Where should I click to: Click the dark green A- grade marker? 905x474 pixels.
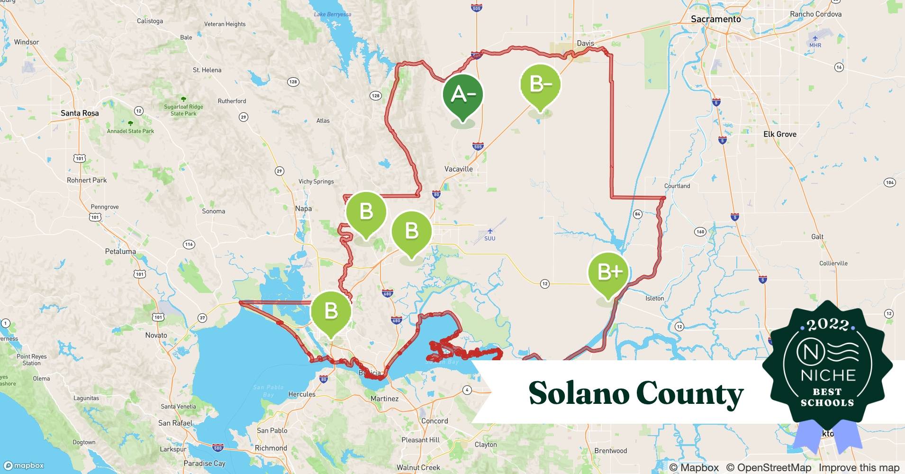tap(463, 95)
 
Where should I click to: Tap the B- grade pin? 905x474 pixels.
tap(540, 85)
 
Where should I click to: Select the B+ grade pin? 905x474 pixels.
tap(608, 273)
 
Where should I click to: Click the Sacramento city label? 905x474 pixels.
tap(715, 19)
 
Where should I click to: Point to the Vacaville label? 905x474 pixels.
tap(458, 169)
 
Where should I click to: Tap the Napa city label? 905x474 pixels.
tap(303, 209)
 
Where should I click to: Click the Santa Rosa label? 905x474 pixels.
tap(80, 113)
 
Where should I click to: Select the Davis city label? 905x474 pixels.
tap(585, 43)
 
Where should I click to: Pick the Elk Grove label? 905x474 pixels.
tap(779, 134)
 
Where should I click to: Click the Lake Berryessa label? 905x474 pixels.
tap(333, 14)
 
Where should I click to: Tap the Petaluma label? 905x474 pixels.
tap(120, 252)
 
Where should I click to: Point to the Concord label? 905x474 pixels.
tap(434, 421)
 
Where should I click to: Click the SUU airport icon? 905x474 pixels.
tap(490, 231)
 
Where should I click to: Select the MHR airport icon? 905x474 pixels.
tap(815, 38)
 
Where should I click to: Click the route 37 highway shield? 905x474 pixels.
tap(202, 318)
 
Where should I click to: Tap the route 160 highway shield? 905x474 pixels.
tap(700, 232)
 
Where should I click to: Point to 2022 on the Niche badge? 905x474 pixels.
tap(827, 325)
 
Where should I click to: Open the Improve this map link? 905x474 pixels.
tap(859, 467)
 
